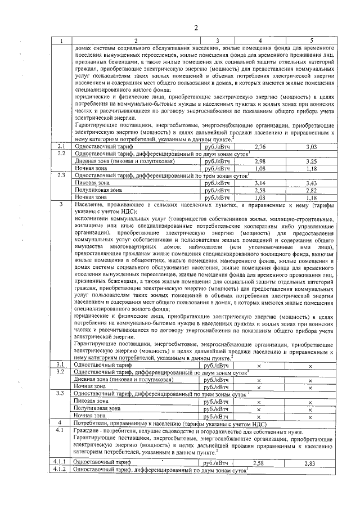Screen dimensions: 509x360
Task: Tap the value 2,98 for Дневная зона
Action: pyautogui.click(x=259, y=161)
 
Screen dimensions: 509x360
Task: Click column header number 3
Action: pyautogui.click(x=217, y=40)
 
